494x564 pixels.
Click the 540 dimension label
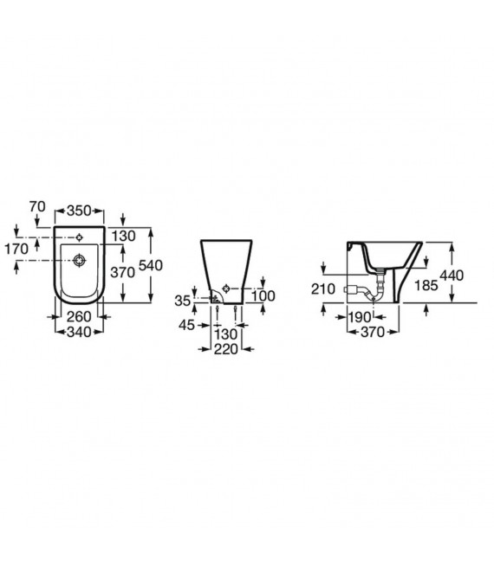point(151,265)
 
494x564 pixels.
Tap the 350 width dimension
point(79,211)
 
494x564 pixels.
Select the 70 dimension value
point(37,206)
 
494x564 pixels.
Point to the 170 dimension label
point(16,249)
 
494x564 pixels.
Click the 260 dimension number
point(79,316)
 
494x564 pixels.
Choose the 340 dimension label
point(79,332)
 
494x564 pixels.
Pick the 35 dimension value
point(182,301)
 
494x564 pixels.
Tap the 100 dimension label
point(263,296)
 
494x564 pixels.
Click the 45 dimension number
point(186,325)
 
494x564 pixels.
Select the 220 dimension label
point(226,349)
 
